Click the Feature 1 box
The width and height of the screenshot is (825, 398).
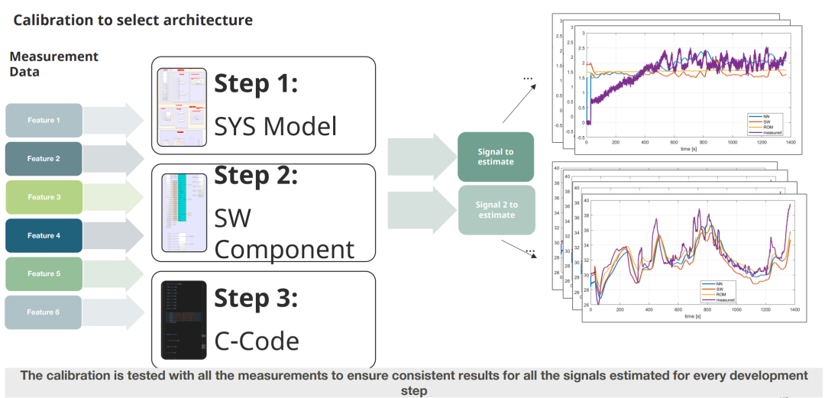[44, 121]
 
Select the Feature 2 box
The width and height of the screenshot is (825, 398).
[44, 159]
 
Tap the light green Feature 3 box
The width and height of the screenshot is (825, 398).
[44, 197]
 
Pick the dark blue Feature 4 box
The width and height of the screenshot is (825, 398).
[44, 235]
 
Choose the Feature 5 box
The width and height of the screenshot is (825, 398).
[44, 273]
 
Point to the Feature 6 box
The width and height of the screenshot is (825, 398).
[44, 312]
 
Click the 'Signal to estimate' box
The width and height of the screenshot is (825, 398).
[495, 157]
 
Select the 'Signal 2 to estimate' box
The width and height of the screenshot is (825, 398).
[496, 210]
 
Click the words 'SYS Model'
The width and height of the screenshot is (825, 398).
[275, 125]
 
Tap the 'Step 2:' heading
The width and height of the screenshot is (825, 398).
[255, 175]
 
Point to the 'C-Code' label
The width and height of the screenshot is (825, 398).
[256, 341]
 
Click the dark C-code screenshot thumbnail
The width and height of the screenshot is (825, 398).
[183, 320]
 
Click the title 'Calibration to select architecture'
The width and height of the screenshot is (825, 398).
[133, 21]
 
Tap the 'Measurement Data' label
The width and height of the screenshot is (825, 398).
[53, 64]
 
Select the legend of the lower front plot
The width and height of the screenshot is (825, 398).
[717, 291]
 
